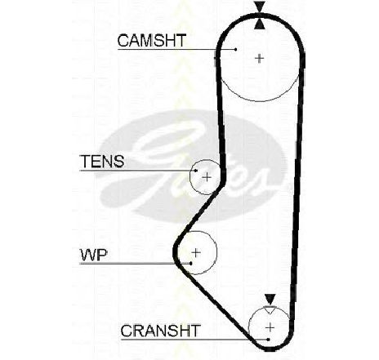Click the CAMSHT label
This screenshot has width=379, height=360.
152,41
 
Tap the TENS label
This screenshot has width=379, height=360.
102,161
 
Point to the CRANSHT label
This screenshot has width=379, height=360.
161,331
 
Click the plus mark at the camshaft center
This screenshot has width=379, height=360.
260,58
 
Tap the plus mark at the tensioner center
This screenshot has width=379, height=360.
207,177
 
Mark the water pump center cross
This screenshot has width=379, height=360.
196,253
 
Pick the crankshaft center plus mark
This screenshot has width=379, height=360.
270,327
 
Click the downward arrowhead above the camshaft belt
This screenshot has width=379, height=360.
260,7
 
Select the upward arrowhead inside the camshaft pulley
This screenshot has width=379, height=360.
260,24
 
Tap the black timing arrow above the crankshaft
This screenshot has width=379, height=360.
270,300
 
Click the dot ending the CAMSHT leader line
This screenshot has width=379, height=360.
236,49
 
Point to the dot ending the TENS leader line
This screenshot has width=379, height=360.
196,171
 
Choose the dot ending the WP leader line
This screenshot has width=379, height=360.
191,264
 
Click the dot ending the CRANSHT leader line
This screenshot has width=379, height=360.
269,340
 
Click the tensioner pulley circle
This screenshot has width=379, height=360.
190,177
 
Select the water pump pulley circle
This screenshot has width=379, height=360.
216,253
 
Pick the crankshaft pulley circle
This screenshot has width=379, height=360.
249,327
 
